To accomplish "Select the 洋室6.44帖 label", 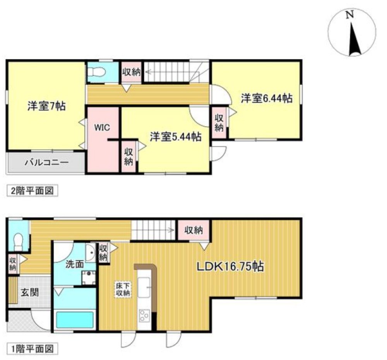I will [266, 98].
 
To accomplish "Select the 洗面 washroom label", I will [74, 265].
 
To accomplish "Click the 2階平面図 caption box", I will [33, 191].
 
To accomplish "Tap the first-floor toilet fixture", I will [18, 242].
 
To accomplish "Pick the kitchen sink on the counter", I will [145, 288].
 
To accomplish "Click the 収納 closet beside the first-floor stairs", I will [193, 231].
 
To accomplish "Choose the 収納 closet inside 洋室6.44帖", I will [219, 123].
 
